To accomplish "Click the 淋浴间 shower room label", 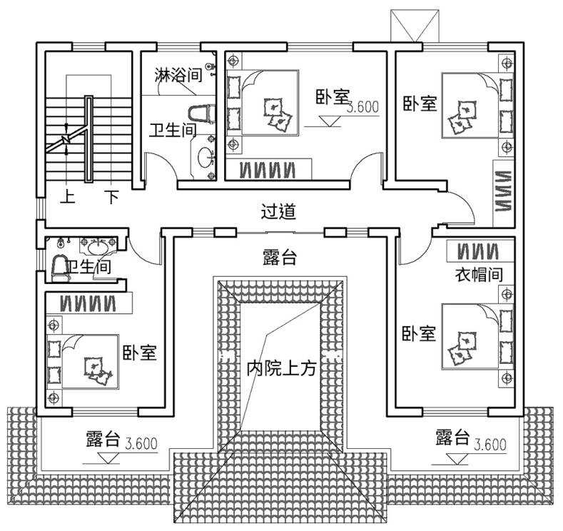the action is pos(178,75).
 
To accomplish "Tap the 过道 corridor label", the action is pos(278,211).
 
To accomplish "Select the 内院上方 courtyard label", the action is pos(281,368).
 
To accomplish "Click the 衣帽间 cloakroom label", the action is pos(479,275).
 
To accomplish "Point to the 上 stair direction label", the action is pos(68,197).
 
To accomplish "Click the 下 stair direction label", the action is pos(111,197).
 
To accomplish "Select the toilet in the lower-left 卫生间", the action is pos(60,268).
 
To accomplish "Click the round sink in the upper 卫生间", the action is pos(206,158).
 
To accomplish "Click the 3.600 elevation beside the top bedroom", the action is pos(362,106).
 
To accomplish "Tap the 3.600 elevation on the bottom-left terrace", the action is pos(141,444).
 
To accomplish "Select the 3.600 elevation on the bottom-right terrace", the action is pos(490,445).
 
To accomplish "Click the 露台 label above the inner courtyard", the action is pos(280,257).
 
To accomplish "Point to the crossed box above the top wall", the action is pos(415,25).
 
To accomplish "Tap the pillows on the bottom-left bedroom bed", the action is pos(98,370).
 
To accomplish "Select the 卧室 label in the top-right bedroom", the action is pos(420,103).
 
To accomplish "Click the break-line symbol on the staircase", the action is pos(66,138).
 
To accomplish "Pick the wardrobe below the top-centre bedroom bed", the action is pos(268,169).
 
